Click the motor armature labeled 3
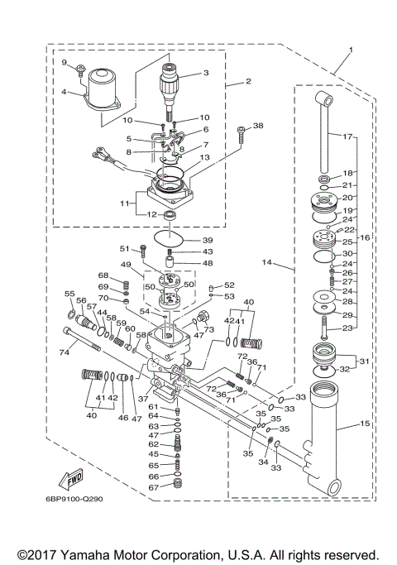tap(174, 87)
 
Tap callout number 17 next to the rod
tap(347, 136)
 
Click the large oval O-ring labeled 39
tap(170, 239)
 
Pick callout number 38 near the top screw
tap(258, 127)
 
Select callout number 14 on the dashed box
tap(266, 262)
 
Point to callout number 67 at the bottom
tap(153, 487)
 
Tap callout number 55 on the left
tap(69, 294)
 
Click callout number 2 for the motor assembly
tap(246, 83)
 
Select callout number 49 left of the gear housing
tap(127, 265)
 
